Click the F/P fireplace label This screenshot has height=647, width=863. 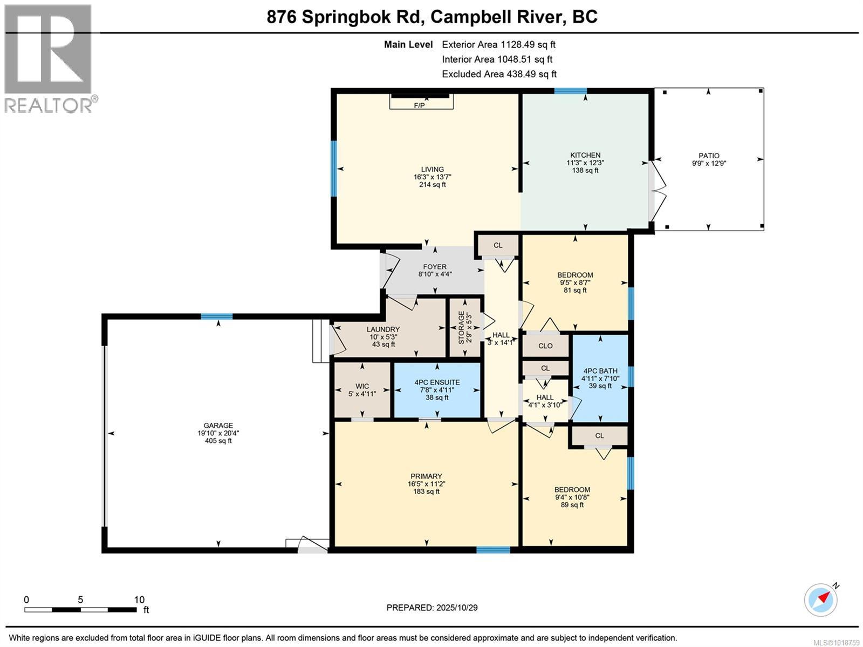coord(419,105)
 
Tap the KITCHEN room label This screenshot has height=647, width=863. coord(585,155)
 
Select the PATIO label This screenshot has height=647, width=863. coord(709,156)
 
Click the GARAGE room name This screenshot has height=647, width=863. coord(218,426)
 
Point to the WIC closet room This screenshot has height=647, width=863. coord(362,386)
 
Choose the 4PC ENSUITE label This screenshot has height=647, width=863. coord(437,382)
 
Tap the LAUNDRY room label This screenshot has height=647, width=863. coord(383,329)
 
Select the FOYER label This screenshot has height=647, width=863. coord(435,267)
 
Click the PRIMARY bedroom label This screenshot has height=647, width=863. coord(426,476)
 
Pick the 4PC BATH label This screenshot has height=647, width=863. coord(600,371)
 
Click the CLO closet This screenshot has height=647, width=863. coord(545,346)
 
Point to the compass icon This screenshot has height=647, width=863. coord(821,599)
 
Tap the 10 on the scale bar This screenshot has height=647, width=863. coord(139,599)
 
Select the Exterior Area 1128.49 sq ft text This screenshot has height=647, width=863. coord(498,45)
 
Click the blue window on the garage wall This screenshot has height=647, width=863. coord(217,316)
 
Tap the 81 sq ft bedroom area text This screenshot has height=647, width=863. coord(575,290)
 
